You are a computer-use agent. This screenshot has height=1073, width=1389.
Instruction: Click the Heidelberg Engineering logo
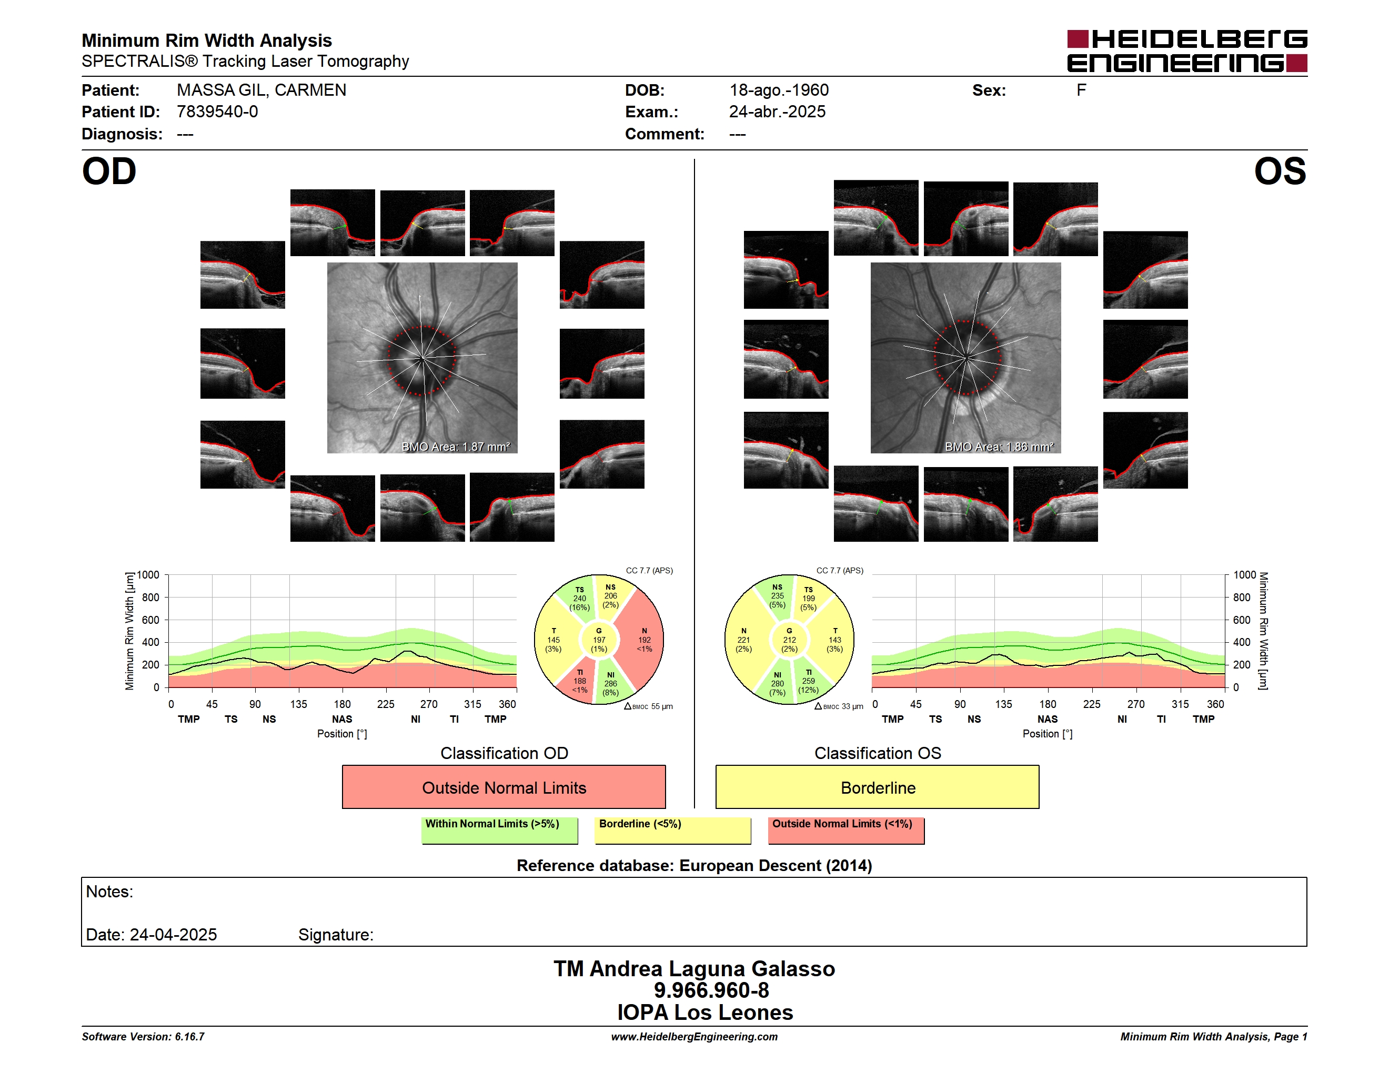1187,51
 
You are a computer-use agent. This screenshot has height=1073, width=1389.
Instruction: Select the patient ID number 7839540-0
217,112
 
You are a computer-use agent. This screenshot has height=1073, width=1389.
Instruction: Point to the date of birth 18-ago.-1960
779,90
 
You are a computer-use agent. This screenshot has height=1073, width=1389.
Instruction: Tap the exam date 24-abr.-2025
777,112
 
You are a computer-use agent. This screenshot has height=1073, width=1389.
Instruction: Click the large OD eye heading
109,171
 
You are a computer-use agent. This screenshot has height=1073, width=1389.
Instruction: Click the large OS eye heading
1280,171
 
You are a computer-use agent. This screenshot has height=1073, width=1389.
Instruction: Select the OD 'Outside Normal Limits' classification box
504,787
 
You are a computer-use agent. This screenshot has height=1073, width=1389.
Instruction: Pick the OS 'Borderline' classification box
878,787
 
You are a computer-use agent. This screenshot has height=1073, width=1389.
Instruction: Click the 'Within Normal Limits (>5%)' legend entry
500,830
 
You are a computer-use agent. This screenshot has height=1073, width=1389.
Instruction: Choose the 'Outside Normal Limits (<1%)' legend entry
846,830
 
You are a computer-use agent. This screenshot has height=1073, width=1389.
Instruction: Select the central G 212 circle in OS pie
789,640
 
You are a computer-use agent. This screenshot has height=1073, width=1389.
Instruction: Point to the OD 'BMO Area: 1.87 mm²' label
455,447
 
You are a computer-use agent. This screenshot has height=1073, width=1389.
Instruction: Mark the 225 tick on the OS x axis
1091,704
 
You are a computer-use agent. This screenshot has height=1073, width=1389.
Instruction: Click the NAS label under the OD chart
342,719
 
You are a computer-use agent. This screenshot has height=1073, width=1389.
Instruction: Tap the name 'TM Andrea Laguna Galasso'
694,969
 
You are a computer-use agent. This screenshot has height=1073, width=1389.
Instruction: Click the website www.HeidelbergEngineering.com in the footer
694,1037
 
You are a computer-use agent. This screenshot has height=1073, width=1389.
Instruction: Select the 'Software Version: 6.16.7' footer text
143,1037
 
